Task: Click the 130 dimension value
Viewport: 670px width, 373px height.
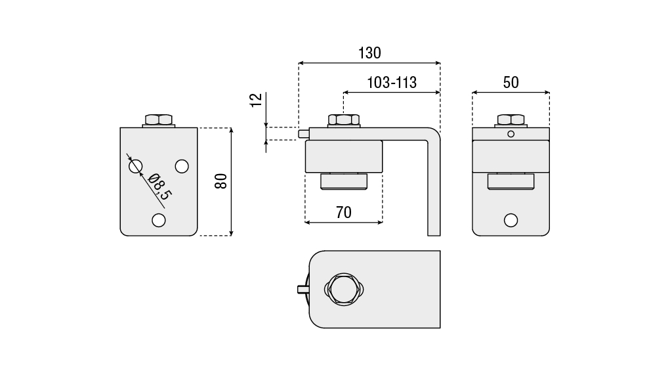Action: (369, 53)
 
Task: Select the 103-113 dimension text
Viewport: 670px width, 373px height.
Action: (392, 83)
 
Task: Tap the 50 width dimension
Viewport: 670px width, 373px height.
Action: (511, 83)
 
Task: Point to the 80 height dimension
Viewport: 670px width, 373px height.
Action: (221, 181)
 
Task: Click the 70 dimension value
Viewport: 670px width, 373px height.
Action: (343, 212)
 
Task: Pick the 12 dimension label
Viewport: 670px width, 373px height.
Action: (257, 100)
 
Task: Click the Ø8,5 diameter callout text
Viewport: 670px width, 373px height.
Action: (159, 186)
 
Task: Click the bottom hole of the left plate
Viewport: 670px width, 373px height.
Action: (158, 220)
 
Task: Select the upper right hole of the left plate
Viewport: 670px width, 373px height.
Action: (182, 165)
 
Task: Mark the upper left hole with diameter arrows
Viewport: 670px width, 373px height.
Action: (135, 167)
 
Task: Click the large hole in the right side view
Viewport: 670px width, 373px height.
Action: (511, 219)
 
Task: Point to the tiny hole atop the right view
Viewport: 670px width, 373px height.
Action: (511, 134)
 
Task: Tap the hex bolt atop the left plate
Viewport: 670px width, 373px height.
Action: (158, 120)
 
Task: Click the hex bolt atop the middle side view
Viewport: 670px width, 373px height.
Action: (343, 120)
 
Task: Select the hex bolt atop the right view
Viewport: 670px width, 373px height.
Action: (511, 120)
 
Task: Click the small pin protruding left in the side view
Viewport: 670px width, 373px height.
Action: (303, 134)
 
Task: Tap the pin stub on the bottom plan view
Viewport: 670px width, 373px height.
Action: (303, 289)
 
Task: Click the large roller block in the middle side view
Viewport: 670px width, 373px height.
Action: (343, 156)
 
